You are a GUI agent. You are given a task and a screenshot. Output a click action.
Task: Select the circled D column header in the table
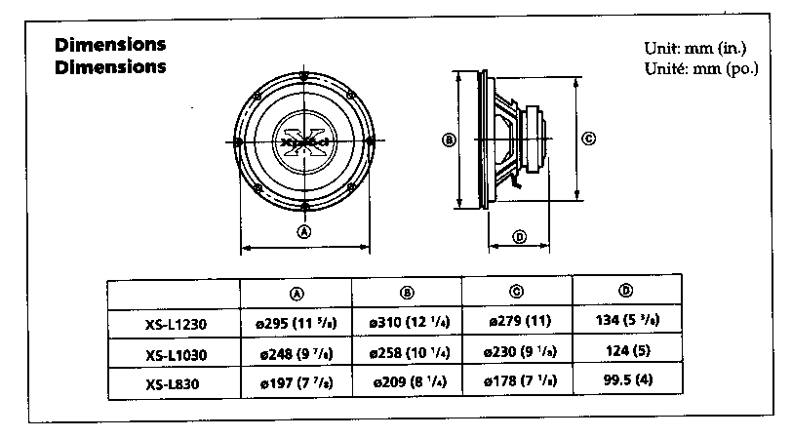tap(625, 291)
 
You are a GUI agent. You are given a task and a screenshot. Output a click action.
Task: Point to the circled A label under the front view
tap(304, 232)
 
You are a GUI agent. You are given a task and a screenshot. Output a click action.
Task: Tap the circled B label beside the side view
tap(449, 139)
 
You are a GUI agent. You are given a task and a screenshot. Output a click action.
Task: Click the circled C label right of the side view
tap(588, 139)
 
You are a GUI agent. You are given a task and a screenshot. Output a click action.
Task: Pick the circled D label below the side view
tap(519, 236)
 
